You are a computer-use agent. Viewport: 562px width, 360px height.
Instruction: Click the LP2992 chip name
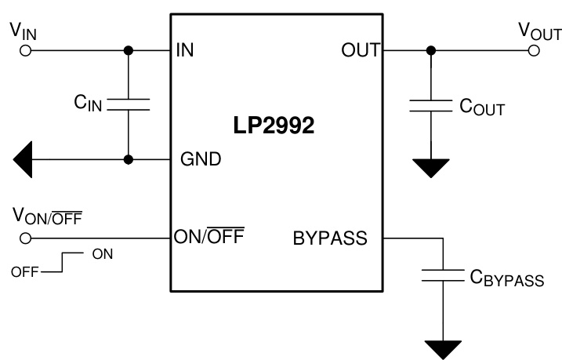pyautogui.click(x=274, y=127)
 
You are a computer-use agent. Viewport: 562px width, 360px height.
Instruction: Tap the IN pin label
pyautogui.click(x=186, y=51)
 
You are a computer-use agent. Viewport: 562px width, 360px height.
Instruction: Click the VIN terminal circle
pyautogui.click(x=25, y=51)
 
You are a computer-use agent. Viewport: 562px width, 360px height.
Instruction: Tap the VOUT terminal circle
pyautogui.click(x=535, y=51)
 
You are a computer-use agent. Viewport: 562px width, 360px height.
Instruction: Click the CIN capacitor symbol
pyautogui.click(x=128, y=105)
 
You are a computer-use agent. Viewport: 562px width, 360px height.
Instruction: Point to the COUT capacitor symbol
pyautogui.click(x=429, y=107)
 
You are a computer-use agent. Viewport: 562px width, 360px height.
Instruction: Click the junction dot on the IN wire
pyautogui.click(x=128, y=51)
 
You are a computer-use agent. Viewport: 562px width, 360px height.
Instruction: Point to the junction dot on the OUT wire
pyautogui.click(x=429, y=51)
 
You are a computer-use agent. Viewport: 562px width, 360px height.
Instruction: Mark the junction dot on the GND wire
pyautogui.click(x=128, y=159)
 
